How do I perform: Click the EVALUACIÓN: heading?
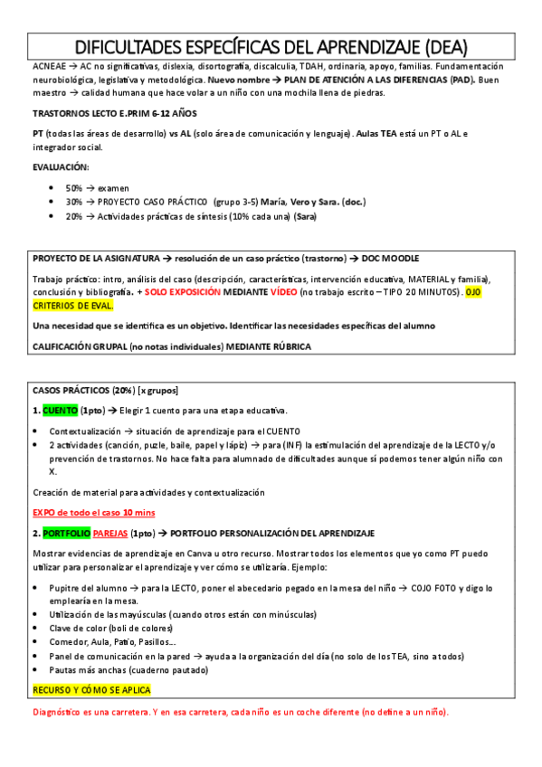(x=61, y=167)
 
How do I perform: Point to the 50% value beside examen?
(x=74, y=187)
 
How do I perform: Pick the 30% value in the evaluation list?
(x=74, y=202)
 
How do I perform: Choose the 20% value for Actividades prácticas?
(x=74, y=216)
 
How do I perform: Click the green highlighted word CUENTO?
(x=60, y=411)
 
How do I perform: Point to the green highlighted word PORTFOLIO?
(x=66, y=534)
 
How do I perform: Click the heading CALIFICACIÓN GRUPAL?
(x=88, y=346)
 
